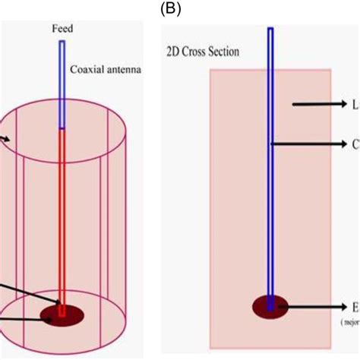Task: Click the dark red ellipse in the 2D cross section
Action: pyautogui.click(x=270, y=308)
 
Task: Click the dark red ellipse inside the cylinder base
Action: pyautogui.click(x=63, y=314)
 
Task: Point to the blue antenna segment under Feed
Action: pyautogui.click(x=62, y=84)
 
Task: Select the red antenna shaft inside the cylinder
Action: pyautogui.click(x=62, y=213)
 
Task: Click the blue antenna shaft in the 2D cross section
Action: pyautogui.click(x=270, y=190)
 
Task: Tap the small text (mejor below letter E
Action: pyautogui.click(x=350, y=321)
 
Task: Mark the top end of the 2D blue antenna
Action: pyautogui.click(x=270, y=30)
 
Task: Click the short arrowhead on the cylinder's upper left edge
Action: pyautogui.click(x=7, y=139)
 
